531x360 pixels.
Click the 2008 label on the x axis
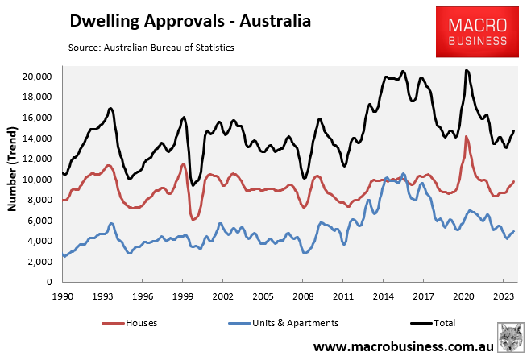302,296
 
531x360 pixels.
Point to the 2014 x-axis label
382,296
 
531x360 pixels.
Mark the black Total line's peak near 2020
467,71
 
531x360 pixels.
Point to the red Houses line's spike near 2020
467,136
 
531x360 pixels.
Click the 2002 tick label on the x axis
222,296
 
